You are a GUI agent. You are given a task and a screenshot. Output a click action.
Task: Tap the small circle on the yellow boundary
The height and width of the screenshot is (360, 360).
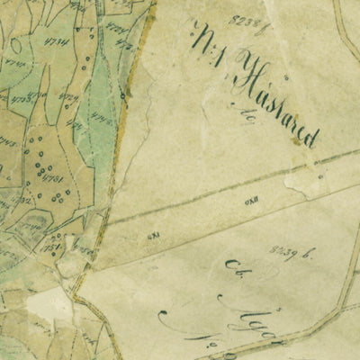[121, 94]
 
